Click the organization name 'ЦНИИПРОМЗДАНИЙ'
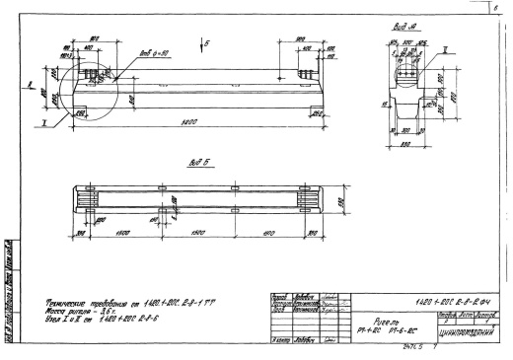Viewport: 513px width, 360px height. coord(468,335)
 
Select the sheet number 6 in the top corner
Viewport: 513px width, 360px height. coord(506,5)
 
